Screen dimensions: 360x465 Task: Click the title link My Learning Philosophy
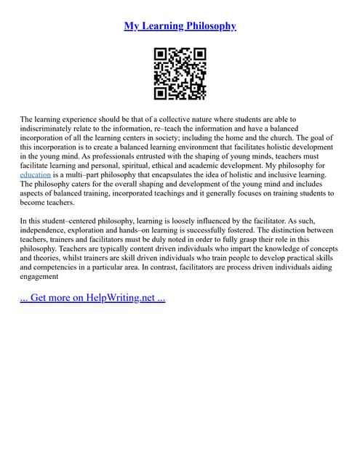(x=180, y=26)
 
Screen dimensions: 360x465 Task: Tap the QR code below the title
(x=180, y=73)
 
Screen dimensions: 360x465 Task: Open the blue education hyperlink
(x=35, y=175)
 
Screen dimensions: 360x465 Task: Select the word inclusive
(x=293, y=175)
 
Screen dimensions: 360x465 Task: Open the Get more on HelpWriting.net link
(x=92, y=298)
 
